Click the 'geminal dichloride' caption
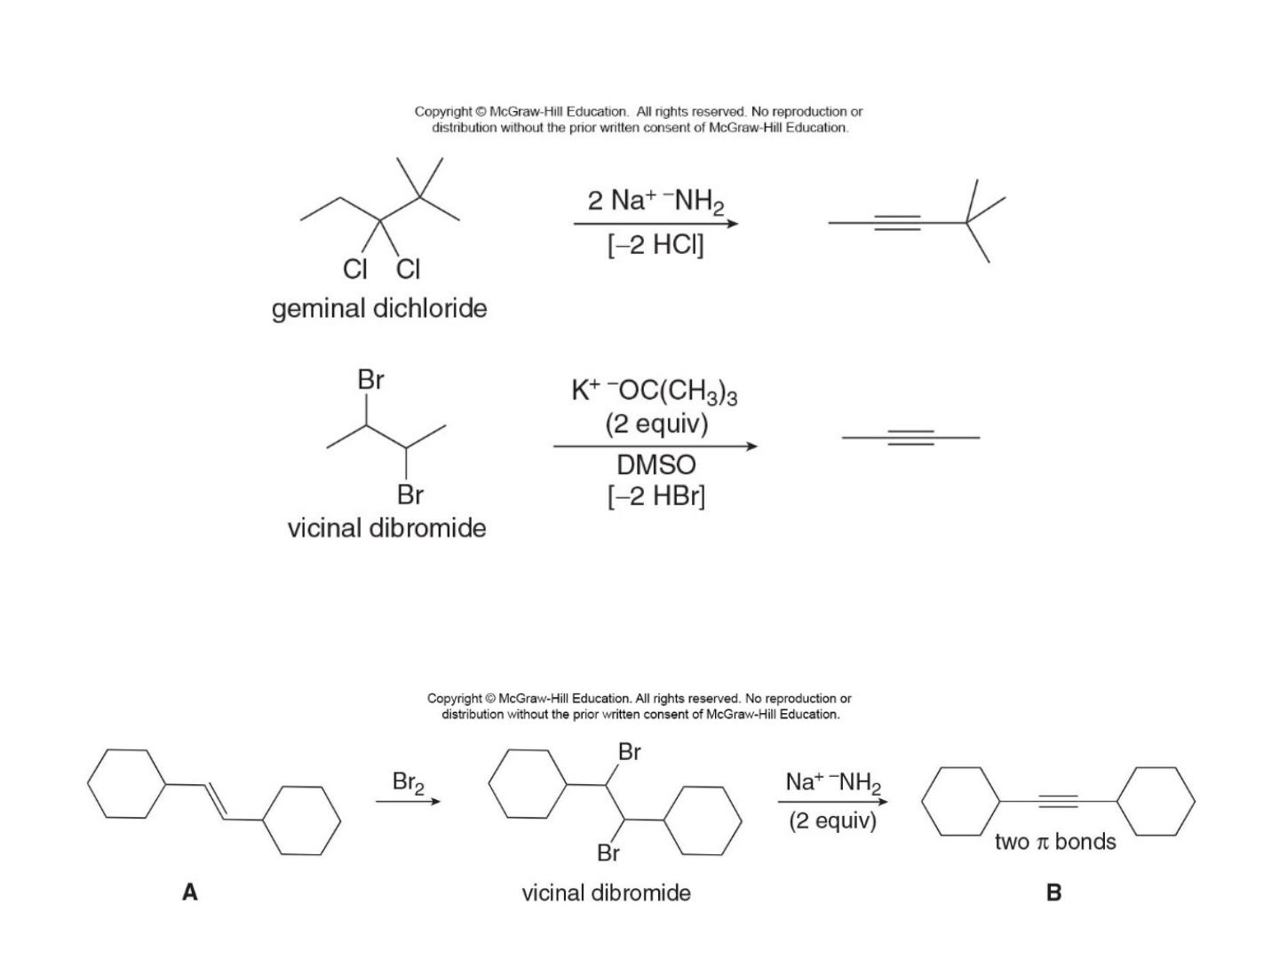[378, 309]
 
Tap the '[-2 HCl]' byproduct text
[655, 244]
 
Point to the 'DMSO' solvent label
[656, 464]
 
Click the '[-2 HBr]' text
[656, 496]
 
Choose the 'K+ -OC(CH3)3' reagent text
[655, 392]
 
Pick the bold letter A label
[190, 892]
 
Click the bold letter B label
[1053, 892]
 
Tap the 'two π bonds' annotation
[1055, 842]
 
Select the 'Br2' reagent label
[408, 782]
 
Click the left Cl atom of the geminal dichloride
[355, 269]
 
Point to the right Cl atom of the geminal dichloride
[408, 269]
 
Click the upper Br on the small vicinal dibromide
[370, 380]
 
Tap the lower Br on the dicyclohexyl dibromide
[608, 853]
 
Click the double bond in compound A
[215, 802]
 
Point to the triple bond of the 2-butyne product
[910, 438]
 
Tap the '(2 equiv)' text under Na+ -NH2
[832, 821]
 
